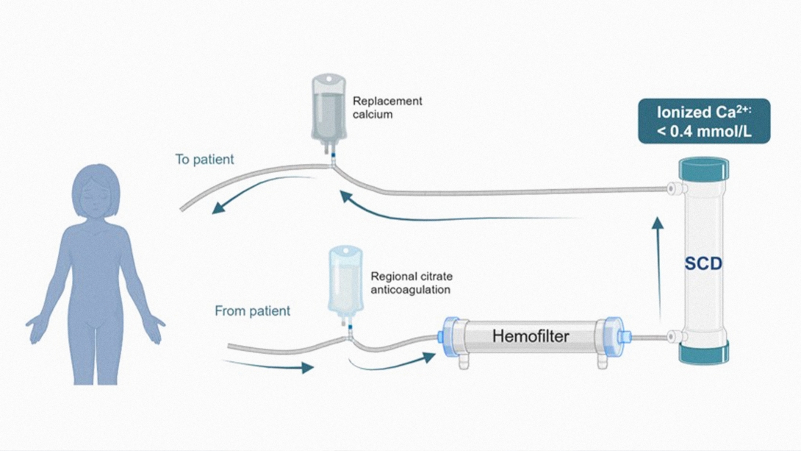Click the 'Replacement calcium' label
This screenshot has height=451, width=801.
(387, 107)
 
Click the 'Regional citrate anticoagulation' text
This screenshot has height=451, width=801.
(411, 283)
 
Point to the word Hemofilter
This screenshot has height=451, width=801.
(531, 337)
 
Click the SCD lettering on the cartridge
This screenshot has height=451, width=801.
(703, 263)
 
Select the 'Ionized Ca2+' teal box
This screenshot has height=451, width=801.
(704, 121)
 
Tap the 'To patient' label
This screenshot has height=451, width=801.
(204, 159)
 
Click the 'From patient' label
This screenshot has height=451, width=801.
(252, 311)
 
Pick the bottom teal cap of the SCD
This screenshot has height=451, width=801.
(703, 352)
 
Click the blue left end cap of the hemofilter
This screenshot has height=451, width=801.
(449, 337)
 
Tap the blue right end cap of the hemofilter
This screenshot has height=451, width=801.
(614, 337)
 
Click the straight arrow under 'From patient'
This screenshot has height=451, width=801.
(268, 365)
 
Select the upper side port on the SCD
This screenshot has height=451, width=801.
(673, 190)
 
